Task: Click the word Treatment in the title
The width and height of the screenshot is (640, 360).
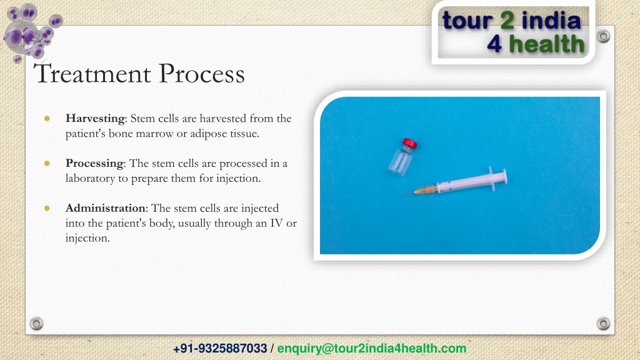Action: (92, 74)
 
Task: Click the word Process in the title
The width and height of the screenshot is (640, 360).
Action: (202, 74)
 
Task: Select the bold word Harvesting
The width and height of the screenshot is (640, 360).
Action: (95, 118)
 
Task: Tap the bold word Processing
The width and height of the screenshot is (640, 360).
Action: (94, 163)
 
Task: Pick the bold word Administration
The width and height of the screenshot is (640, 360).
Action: (105, 208)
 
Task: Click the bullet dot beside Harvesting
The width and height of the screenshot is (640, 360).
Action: (47, 118)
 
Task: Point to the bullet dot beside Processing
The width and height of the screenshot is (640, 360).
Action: (47, 163)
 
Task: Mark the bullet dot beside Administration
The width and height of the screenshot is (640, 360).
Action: (47, 208)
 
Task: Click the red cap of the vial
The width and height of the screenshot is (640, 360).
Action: (410, 143)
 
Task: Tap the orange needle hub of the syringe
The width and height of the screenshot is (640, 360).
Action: (425, 190)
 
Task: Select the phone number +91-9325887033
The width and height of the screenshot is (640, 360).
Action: (220, 349)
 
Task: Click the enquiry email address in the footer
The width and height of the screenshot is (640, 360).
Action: (372, 349)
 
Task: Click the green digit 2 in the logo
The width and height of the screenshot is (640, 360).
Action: (507, 21)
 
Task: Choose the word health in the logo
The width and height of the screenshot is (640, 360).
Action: (547, 44)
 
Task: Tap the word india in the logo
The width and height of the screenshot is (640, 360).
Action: (551, 21)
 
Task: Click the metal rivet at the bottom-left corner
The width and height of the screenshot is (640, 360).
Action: (36, 324)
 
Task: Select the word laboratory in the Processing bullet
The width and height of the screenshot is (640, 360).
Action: (90, 178)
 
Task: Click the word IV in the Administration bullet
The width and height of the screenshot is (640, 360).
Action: (276, 223)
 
